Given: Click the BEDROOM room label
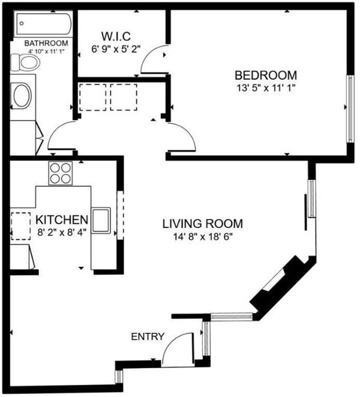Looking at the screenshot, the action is tap(266, 75).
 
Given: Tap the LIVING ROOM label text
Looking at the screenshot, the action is tap(202, 224).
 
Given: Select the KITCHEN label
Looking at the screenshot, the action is tap(62, 219).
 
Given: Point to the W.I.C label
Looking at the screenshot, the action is tap(116, 36).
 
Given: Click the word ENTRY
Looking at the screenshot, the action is tap(148, 336).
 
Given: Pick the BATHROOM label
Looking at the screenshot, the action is tap(46, 43).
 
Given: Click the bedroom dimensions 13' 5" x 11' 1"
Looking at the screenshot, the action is tap(266, 88).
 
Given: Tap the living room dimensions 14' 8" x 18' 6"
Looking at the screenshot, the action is tap(203, 237).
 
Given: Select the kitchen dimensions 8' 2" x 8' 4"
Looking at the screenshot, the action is tap(62, 232).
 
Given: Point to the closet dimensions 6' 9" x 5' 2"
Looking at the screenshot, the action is tap(116, 49).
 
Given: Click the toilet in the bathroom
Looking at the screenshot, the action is tap(25, 62).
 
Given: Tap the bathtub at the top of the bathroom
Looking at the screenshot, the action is tap(44, 24).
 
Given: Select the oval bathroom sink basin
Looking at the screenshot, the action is tap(22, 96).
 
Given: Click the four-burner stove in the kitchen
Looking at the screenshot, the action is tap(61, 173).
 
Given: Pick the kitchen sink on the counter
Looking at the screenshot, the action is tap(101, 220).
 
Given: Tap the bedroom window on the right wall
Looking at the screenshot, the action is tap(350, 109).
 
